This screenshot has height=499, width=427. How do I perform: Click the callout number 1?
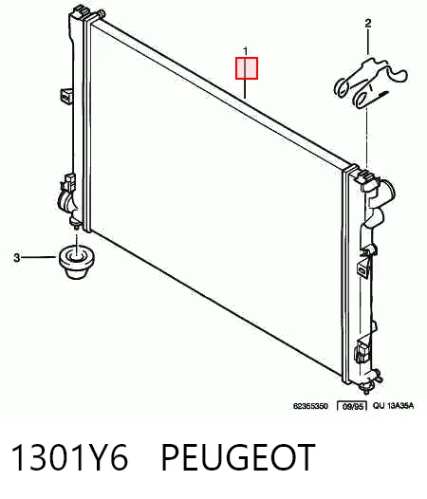pyautogui.click(x=245, y=51)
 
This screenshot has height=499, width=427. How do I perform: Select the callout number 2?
pyautogui.click(x=368, y=23)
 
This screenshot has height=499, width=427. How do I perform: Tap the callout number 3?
pyautogui.click(x=16, y=257)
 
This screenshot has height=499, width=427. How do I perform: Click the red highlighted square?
pyautogui.click(x=247, y=68)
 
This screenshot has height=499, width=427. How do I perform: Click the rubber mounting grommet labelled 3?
pyautogui.click(x=78, y=262)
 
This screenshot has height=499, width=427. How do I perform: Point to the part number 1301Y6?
pyautogui.click(x=69, y=457)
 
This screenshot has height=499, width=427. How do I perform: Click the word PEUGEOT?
pyautogui.click(x=238, y=457)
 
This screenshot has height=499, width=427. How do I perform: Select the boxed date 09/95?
pyautogui.click(x=352, y=406)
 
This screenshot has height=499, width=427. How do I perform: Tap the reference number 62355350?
pyautogui.click(x=310, y=406)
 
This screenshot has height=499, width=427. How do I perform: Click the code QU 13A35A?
pyautogui.click(x=393, y=406)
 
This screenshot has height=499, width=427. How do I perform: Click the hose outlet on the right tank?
pyautogui.click(x=386, y=192)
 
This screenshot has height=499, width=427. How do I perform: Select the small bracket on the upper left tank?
pyautogui.click(x=66, y=95)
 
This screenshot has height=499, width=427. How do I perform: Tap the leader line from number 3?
pyautogui.click(x=38, y=257)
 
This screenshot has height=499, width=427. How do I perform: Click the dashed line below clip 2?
pyautogui.click(x=367, y=139)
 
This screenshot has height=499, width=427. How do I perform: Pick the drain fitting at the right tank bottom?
pyautogui.click(x=371, y=381)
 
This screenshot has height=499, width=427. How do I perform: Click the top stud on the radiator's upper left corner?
pyautogui.click(x=101, y=14)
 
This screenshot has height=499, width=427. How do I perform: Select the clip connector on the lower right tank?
pyautogui.click(x=362, y=350)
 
